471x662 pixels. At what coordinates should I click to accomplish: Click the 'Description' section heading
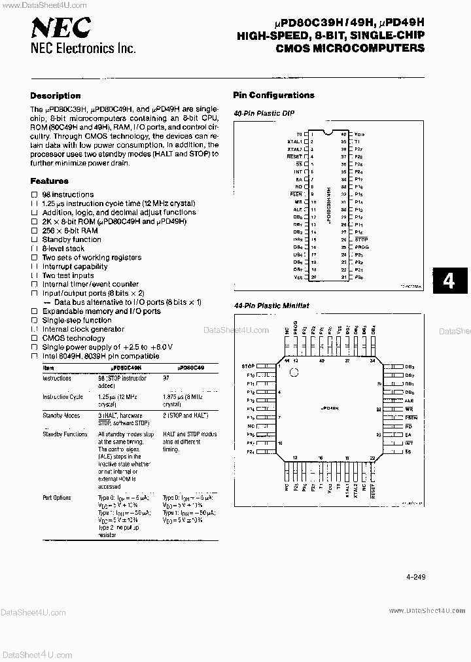(x=56, y=96)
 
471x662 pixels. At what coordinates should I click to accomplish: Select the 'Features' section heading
(x=49, y=181)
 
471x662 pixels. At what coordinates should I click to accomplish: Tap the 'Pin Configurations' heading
(x=273, y=95)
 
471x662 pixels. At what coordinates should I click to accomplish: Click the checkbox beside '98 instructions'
(x=35, y=195)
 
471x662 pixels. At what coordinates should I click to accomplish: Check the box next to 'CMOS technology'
(x=35, y=338)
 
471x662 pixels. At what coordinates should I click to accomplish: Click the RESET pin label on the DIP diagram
(x=296, y=157)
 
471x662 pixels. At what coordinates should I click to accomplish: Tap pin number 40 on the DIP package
(x=343, y=133)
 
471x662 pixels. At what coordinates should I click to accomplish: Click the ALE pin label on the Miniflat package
(x=409, y=400)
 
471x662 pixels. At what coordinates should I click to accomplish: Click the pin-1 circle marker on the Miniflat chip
(x=294, y=374)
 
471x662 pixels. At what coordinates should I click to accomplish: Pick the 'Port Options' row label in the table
(x=57, y=498)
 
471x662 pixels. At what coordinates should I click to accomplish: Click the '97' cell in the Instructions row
(x=166, y=378)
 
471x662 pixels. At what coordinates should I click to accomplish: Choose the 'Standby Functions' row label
(x=65, y=434)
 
